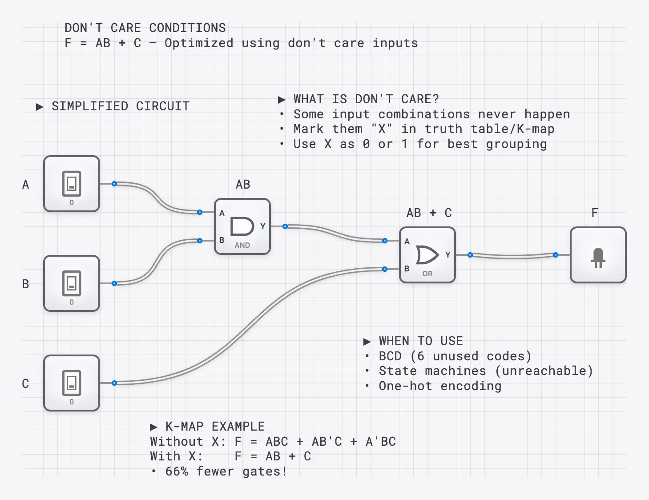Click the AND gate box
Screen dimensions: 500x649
click(x=242, y=226)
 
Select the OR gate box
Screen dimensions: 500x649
click(x=427, y=255)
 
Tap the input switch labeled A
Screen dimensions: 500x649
click(x=72, y=184)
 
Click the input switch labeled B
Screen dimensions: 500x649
click(x=72, y=283)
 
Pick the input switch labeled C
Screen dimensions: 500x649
click(x=72, y=383)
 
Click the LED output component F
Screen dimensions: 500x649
click(x=598, y=255)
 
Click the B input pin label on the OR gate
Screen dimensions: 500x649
click(x=407, y=269)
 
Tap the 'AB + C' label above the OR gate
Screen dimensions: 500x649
click(x=429, y=213)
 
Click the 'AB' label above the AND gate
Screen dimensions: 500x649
click(x=243, y=185)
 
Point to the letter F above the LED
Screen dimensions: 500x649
click(x=595, y=213)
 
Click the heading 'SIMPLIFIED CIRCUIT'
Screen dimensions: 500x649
click(x=120, y=106)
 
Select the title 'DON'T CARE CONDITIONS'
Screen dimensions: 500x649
click(x=145, y=28)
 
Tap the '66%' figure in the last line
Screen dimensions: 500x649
click(x=177, y=472)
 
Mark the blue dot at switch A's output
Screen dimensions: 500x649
click(x=114, y=184)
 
